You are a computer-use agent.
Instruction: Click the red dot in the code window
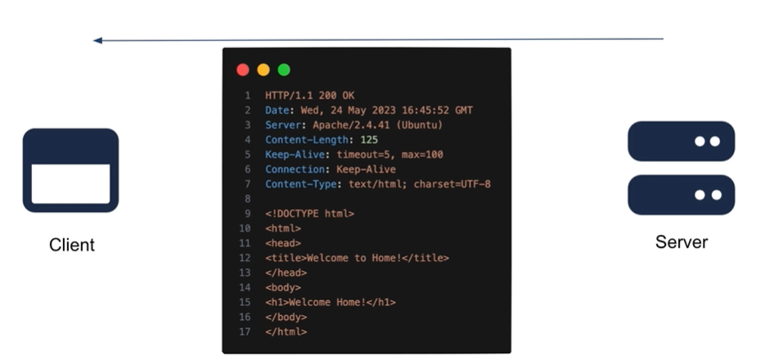coord(243,70)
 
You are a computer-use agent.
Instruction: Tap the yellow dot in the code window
coord(263,70)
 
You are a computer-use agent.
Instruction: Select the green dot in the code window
coord(284,70)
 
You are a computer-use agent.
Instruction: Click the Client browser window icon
coord(70,170)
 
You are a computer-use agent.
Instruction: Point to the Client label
coord(72,245)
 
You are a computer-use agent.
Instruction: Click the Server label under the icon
coord(682,242)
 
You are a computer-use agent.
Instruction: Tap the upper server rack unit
coord(681,142)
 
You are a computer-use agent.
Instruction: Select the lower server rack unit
coord(681,195)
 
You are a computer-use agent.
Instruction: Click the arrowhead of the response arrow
coord(97,39)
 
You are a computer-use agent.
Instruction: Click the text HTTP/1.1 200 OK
coord(310,96)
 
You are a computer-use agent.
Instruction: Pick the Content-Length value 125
coord(370,140)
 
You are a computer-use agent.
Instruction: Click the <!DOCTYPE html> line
coord(309,214)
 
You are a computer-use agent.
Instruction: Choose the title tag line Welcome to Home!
coord(357,258)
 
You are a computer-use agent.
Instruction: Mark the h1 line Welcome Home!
coord(330,302)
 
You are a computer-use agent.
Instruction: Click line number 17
coord(246,331)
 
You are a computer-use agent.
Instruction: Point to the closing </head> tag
coord(286,272)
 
